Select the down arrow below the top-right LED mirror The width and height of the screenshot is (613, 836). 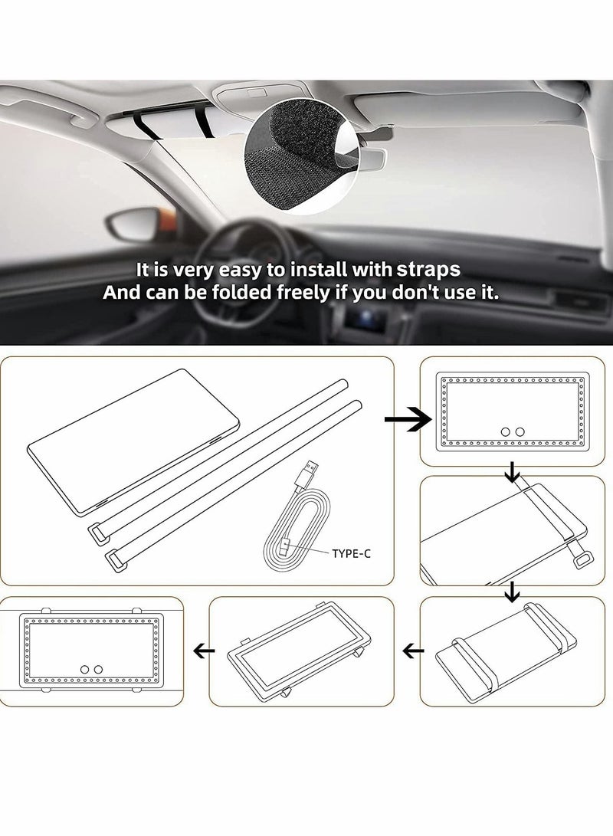(x=507, y=477)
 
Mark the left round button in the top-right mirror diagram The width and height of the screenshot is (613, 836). (x=505, y=432)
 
